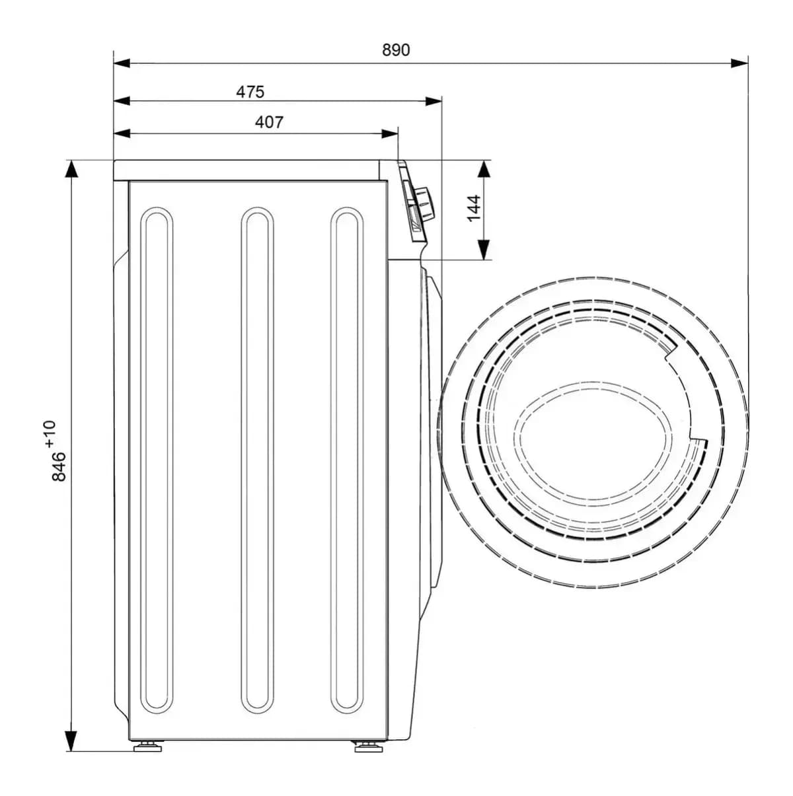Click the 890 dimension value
click(395, 50)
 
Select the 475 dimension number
click(250, 92)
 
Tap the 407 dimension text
click(269, 122)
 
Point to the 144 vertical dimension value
click(474, 208)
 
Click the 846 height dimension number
click(59, 467)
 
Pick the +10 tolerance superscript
click(50, 434)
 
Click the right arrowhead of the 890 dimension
click(739, 63)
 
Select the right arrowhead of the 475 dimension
click(434, 101)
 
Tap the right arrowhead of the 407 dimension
click(390, 133)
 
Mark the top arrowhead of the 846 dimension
click(71, 168)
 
